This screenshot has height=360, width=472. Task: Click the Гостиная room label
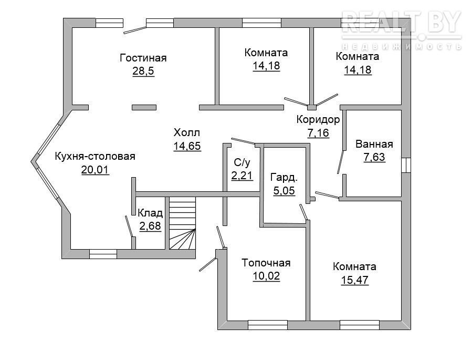click(x=143, y=58)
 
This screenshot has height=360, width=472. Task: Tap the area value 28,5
click(x=143, y=71)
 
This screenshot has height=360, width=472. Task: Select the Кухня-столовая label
click(x=95, y=157)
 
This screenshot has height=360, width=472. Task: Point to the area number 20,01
click(x=95, y=170)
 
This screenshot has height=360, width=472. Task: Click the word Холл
click(x=187, y=132)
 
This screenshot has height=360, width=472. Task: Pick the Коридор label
click(x=318, y=120)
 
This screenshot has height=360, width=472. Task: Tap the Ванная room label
click(x=374, y=144)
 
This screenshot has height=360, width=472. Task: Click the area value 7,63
click(x=374, y=157)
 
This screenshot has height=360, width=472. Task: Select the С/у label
click(x=242, y=163)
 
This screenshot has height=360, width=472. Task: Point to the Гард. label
click(x=284, y=177)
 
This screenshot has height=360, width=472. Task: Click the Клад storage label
click(x=150, y=213)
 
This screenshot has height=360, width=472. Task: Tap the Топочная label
click(x=266, y=263)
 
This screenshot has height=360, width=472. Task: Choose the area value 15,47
click(x=354, y=280)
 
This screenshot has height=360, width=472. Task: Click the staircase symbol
click(x=182, y=223)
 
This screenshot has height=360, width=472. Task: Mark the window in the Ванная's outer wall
click(x=406, y=166)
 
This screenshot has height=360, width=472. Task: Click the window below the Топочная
click(x=268, y=325)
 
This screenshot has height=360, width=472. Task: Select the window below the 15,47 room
click(x=360, y=325)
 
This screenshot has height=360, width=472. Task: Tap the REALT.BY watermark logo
click(x=402, y=29)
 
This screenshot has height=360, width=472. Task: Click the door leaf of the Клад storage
click(x=129, y=226)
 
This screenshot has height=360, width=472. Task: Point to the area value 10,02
click(x=266, y=276)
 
